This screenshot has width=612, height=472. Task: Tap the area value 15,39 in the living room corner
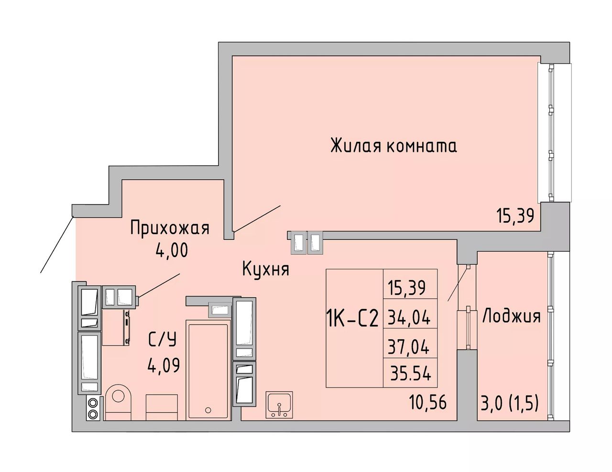point(515,216)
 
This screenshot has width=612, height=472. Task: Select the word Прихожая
point(170,228)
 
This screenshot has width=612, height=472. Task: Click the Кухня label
point(266,269)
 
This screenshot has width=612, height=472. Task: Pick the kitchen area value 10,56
point(427,402)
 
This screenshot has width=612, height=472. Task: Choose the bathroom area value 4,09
point(164,365)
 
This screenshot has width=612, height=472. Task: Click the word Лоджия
point(512,316)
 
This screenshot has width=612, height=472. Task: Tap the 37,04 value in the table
point(409,347)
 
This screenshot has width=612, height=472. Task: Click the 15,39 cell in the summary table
point(407,287)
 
